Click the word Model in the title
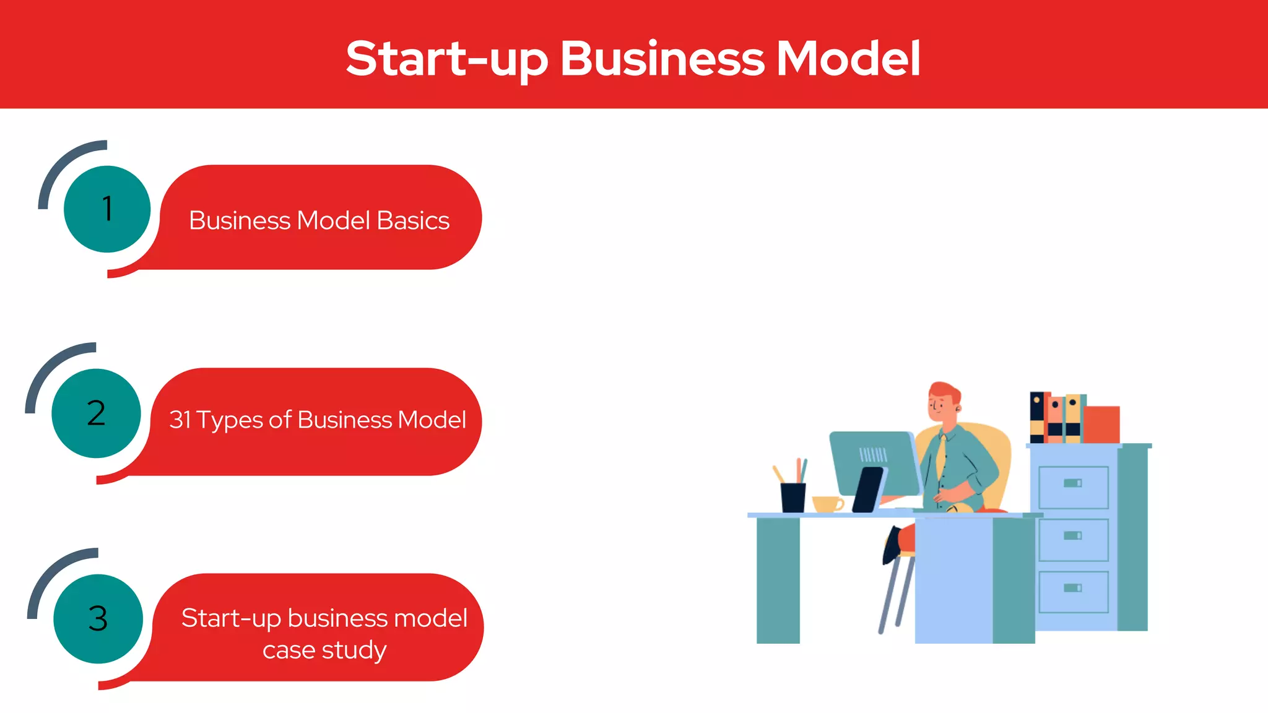click(x=848, y=59)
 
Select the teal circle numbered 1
click(x=107, y=209)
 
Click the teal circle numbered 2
click(x=96, y=413)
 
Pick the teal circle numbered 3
click(x=98, y=618)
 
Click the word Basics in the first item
click(x=413, y=221)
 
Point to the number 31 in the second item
click(x=180, y=420)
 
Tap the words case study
click(x=324, y=650)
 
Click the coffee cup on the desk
click(x=827, y=504)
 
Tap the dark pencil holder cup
click(x=792, y=497)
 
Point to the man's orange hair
click(x=945, y=391)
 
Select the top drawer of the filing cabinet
click(x=1073, y=487)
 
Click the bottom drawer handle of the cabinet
click(x=1072, y=588)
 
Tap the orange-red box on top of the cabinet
click(x=1101, y=424)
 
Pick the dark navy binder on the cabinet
click(x=1037, y=417)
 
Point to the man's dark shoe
click(x=892, y=545)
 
